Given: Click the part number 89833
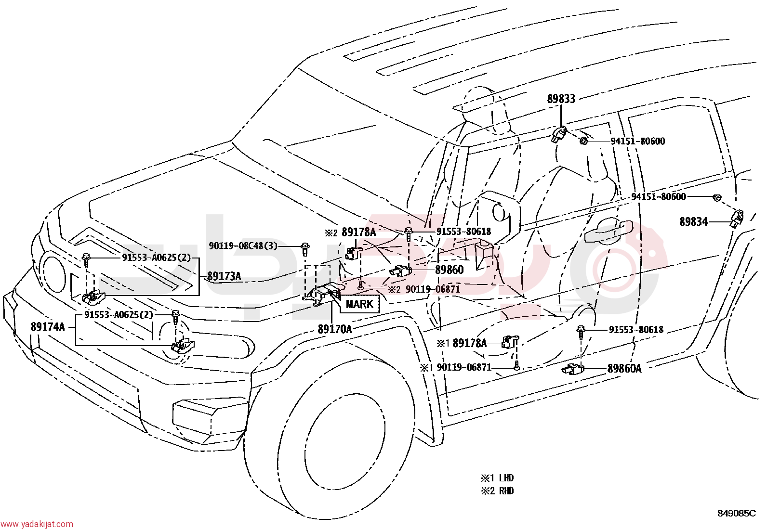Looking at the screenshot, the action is [561, 99].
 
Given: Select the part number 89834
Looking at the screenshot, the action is [693, 222].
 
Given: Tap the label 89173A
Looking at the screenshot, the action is [224, 276].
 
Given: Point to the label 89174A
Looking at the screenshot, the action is [48, 327].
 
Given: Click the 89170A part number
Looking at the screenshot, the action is [335, 329].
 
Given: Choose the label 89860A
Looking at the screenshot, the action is [624, 369].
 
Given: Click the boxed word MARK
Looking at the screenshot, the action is [359, 304].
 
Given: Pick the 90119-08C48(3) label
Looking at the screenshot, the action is [243, 245].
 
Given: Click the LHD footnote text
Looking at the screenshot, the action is [506, 477].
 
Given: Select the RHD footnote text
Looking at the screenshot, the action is [506, 491].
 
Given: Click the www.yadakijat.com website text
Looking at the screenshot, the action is [37, 524].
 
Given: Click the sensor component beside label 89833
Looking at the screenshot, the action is [559, 134].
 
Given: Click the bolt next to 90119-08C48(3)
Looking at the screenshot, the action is [305, 249].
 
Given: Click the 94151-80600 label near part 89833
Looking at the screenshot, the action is [637, 142].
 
